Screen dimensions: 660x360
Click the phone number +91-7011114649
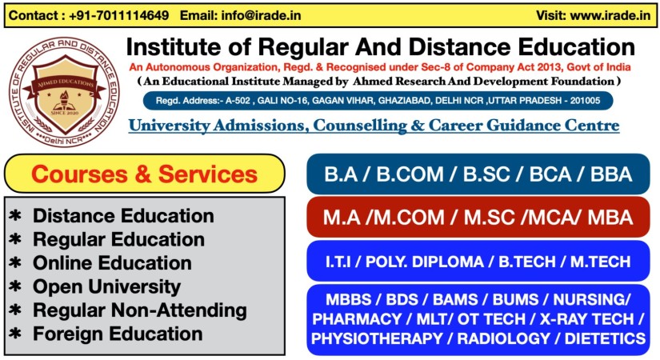(119, 15)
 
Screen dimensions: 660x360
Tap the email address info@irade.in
(261, 15)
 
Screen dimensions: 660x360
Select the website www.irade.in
(610, 15)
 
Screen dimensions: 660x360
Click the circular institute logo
(65, 92)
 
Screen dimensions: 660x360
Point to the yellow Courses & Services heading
(144, 174)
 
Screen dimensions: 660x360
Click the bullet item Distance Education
(123, 216)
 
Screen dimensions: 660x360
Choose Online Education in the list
(112, 263)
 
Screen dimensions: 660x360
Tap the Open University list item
(107, 287)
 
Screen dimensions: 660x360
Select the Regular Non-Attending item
(140, 310)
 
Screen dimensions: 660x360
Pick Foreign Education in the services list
(118, 334)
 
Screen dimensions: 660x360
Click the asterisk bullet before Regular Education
(15, 239)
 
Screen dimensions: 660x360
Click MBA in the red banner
(610, 218)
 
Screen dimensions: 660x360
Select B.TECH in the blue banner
(527, 262)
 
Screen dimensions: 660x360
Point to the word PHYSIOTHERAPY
(377, 338)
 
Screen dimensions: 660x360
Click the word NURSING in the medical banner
(590, 300)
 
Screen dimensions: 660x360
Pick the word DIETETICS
(606, 338)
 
